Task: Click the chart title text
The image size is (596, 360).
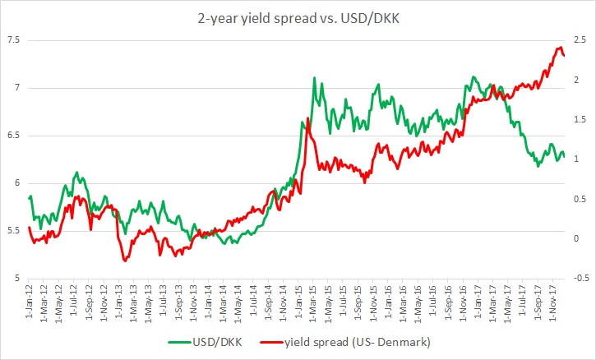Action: pyautogui.click(x=298, y=16)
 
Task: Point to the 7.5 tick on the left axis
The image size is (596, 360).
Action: pyautogui.click(x=12, y=40)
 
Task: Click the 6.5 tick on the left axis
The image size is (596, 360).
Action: pyautogui.click(x=12, y=136)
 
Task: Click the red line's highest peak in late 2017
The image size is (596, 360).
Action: pyautogui.click(x=561, y=47)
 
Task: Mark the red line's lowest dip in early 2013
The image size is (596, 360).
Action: pyautogui.click(x=125, y=261)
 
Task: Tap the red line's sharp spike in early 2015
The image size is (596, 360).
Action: pyautogui.click(x=307, y=119)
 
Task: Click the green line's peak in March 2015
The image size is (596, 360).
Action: pyautogui.click(x=315, y=78)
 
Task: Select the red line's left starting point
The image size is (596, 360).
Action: pyautogui.click(x=29, y=228)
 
